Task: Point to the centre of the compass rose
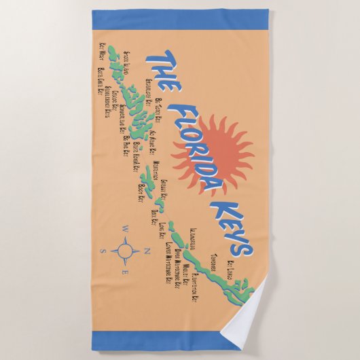point(126,252)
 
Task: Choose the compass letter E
point(125,273)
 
